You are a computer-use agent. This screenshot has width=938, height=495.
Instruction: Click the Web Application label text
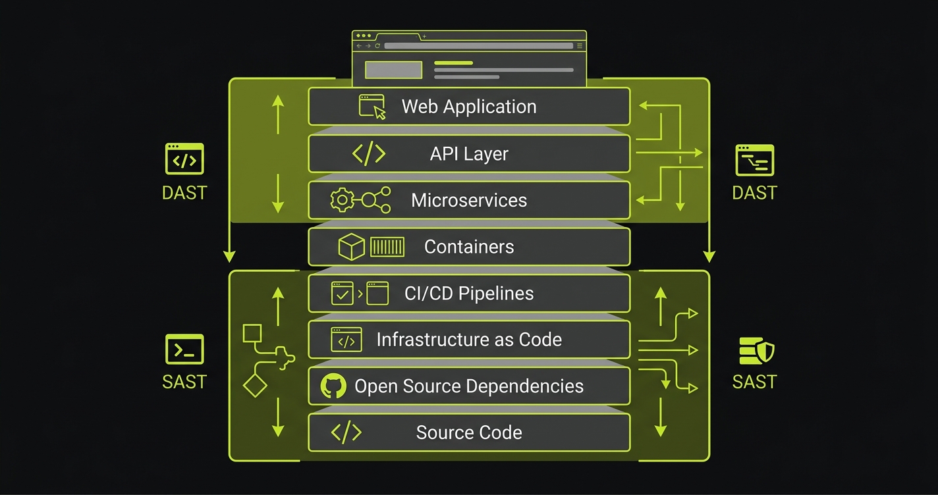pos(469,107)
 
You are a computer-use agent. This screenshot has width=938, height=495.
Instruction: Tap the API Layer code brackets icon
pos(369,153)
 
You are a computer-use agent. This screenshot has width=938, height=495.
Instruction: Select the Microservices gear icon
pos(342,200)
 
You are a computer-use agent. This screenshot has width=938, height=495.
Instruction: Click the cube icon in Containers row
pos(351,247)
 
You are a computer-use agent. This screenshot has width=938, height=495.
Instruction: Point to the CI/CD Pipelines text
pos(469,294)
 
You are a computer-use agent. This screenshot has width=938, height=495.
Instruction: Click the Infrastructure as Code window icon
pos(346,340)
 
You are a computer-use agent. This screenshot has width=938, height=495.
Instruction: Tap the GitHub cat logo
pos(333,386)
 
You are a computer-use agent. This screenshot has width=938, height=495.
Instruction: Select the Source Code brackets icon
pos(346,432)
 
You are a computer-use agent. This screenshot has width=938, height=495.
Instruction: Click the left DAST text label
pos(184,193)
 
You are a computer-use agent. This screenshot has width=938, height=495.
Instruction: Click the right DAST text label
pos(754,193)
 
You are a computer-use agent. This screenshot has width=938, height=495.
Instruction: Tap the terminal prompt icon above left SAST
pos(184,350)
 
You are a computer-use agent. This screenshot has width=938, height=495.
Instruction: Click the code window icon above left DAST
pos(184,159)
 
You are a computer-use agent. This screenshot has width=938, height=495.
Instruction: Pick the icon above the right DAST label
pos(754,161)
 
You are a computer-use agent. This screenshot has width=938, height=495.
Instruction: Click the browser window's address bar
pos(478,46)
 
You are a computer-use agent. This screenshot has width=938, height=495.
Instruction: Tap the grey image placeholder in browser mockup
pos(393,70)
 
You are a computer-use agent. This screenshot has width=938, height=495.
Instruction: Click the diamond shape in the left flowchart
pos(255,384)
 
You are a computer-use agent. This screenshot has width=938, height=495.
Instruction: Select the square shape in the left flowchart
pos(252,334)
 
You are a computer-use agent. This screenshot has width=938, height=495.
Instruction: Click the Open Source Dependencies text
pos(469,386)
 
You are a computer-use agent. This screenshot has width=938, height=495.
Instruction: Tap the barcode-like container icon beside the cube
pos(387,247)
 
